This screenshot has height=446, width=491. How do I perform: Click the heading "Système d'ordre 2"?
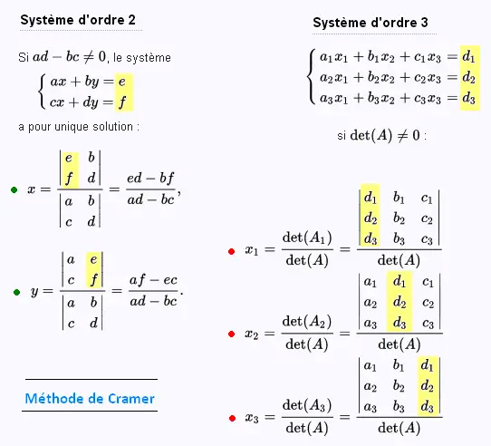coord(78,20)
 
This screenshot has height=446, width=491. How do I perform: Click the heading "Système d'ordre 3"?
coord(371,23)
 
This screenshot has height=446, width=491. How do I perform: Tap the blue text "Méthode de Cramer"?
coord(90,399)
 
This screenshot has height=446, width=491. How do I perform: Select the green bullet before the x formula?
coord(14,189)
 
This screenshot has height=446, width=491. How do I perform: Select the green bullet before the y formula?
coord(17,292)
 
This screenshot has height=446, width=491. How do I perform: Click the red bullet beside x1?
coord(232,251)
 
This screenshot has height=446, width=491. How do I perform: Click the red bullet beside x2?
coord(232,334)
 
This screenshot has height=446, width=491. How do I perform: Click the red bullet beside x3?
coord(232,418)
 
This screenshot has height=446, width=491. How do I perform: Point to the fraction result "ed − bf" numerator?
coord(150,179)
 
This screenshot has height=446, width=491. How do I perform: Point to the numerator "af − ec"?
coord(153,280)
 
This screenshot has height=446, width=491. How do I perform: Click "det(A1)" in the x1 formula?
coord(307,238)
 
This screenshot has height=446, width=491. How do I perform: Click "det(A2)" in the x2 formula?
coord(307,322)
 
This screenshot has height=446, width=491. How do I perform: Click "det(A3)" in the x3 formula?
coord(307,405)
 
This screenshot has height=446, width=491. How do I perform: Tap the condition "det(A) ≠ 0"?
coord(385,135)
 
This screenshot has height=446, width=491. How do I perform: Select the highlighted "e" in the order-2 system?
coord(121,82)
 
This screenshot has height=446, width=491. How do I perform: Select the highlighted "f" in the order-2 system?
coord(122,102)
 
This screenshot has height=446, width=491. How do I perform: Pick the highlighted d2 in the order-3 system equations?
coord(468,77)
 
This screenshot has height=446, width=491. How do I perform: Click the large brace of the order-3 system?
coord(311,77)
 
